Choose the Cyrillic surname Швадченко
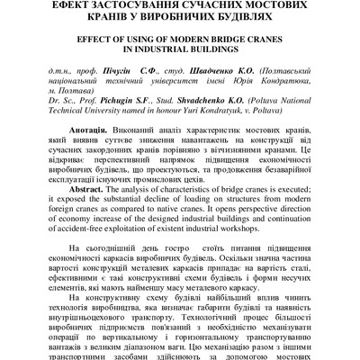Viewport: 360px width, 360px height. tap(216, 71)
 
